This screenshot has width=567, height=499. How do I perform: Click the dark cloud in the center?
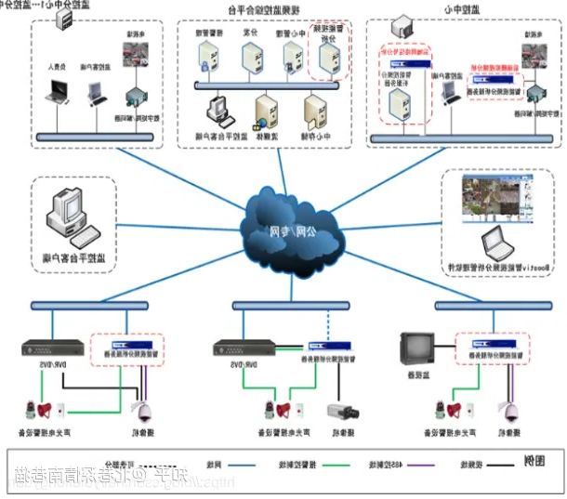pos(283,233)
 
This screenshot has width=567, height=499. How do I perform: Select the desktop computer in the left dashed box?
pos(71,216)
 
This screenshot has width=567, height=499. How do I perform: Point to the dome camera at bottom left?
pos(144,411)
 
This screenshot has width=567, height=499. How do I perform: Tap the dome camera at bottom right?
pos(509,410)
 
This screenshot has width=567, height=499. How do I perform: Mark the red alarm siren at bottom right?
pos(454,410)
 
